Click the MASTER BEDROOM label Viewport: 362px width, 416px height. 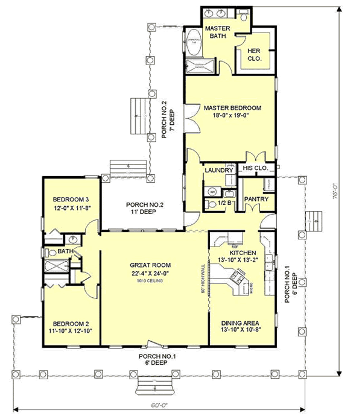point(232,108)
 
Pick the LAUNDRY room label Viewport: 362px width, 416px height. point(218,171)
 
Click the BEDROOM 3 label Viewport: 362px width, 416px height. point(71,200)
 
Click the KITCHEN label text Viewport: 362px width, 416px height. point(242,253)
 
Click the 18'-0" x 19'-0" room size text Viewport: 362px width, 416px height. point(232,116)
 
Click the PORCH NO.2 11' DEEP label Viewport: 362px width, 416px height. point(141,208)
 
